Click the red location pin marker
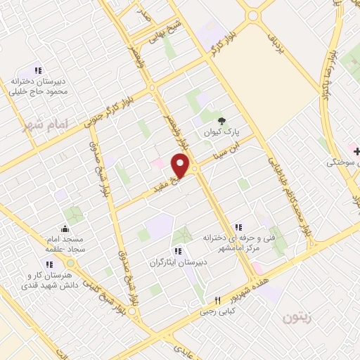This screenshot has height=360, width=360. (x=181, y=165)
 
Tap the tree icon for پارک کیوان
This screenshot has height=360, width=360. (x=223, y=121)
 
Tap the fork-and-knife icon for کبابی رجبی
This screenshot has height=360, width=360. (x=217, y=300)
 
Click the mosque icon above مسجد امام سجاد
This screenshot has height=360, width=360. (x=65, y=228)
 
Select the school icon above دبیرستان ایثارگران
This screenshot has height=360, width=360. (x=177, y=251)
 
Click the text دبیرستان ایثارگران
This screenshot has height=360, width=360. (x=177, y=262)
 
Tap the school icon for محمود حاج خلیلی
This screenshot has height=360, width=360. (x=38, y=70)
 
